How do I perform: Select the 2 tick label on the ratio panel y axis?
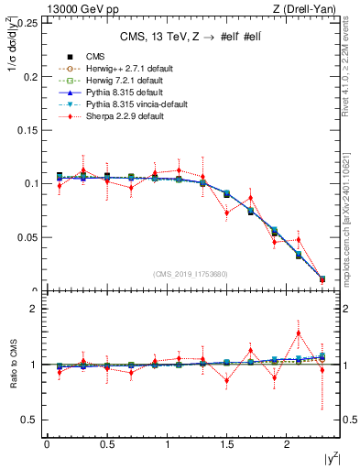34,309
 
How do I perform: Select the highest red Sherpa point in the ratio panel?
298,333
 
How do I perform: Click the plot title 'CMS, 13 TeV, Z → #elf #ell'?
194,37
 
